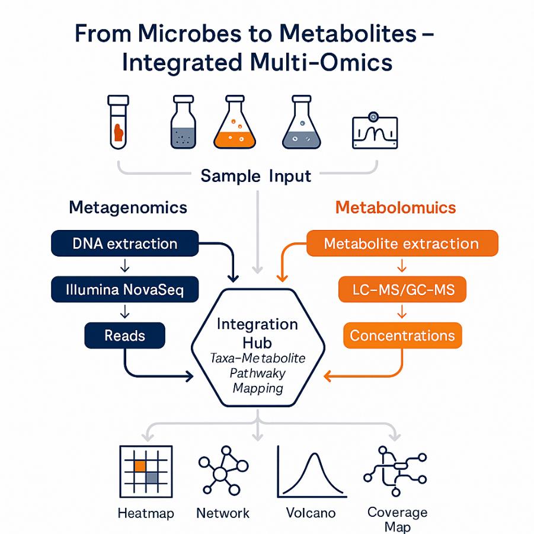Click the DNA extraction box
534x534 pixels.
(124, 244)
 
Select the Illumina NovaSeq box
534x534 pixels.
(124, 289)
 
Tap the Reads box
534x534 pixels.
(124, 335)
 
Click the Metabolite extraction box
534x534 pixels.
(401, 244)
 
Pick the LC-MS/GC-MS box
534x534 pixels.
(402, 290)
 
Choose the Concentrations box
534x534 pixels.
(402, 335)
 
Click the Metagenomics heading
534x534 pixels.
(128, 207)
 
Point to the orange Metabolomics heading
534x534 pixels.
(395, 207)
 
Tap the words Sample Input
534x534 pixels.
(256, 176)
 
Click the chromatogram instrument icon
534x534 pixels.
(375, 130)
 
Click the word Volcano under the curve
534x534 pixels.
(311, 513)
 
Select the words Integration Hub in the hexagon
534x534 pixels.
(257, 333)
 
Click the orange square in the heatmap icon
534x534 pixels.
(140, 466)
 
